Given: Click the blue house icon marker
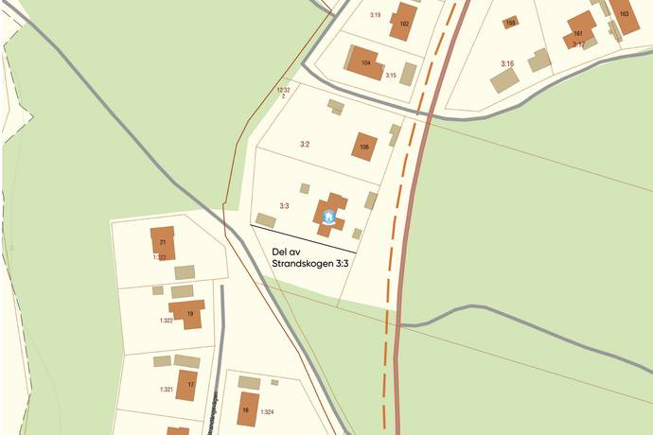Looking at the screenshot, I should pos(328,217).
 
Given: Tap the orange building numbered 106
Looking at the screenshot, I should pos(364,147).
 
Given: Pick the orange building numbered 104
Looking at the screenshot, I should pos(366,63).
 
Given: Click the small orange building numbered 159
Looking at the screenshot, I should pos(510,23).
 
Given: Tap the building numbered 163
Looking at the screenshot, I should pos(624,15).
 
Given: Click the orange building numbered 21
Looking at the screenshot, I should pos(163,241).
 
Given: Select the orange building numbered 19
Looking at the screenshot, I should pos(189,313).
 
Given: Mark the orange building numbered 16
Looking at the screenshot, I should pos(247,409).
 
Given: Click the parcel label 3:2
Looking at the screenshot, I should pos(305,145).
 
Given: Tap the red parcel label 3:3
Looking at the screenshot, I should pos(284,205).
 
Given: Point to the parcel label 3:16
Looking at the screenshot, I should pos(507,64).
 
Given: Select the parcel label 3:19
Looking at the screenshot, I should pos(374,15).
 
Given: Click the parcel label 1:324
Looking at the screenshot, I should pos(267,412).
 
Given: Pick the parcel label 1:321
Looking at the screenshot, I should pos(166,390).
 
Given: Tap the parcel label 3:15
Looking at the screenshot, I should pos(390,75).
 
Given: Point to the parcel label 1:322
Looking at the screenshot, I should pos(167,322).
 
